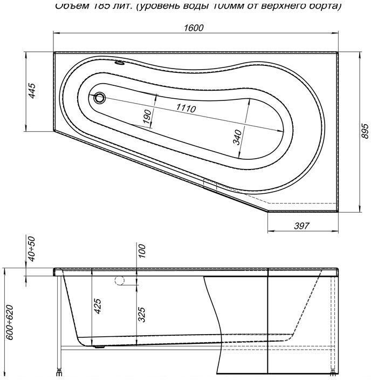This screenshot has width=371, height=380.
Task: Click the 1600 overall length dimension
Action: coord(194,28)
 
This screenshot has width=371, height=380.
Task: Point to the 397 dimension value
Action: coord(301,226)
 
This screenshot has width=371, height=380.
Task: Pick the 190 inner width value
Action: coord(147,116)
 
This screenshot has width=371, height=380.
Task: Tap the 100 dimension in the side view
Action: coord(143,252)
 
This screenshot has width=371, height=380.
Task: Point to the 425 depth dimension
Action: coord(98,307)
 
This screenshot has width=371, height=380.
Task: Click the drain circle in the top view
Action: coord(100,98)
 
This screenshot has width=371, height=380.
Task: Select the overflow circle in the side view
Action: coord(120,280)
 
